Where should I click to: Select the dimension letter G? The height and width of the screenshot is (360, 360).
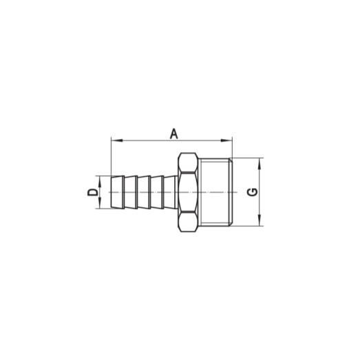(x=252, y=192)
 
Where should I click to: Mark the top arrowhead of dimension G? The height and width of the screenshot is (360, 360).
(x=261, y=162)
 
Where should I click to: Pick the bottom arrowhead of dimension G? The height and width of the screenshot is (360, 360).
(x=261, y=222)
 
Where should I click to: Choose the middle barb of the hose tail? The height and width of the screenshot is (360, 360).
(x=144, y=192)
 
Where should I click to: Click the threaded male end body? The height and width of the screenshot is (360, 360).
(x=218, y=192)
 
